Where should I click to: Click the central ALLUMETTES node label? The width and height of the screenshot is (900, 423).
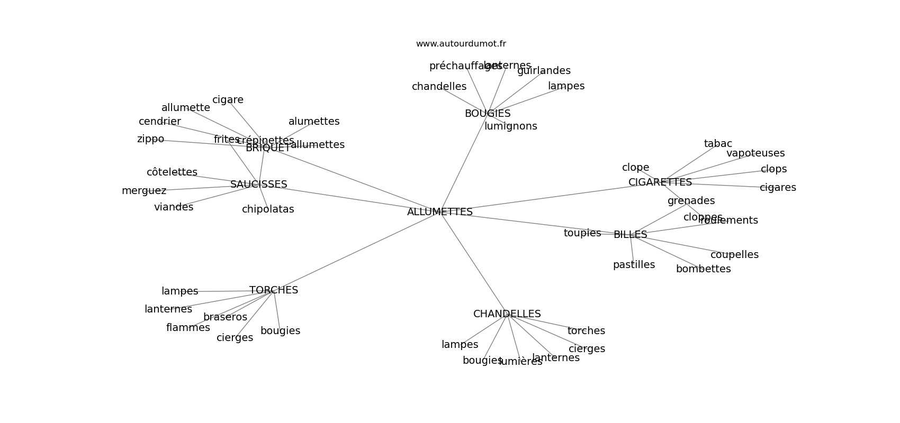pyautogui.click(x=439, y=212)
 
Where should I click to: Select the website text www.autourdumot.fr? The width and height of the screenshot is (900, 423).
pyautogui.click(x=461, y=44)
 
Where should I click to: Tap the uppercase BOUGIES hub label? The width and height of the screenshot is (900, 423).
pyautogui.click(x=487, y=114)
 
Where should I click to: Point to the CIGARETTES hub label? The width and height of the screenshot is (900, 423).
pyautogui.click(x=660, y=182)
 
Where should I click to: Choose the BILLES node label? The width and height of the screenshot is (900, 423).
pyautogui.click(x=630, y=235)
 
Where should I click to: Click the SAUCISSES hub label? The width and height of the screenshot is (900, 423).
pyautogui.click(x=258, y=185)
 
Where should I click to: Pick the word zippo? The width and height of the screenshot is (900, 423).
pyautogui.click(x=150, y=139)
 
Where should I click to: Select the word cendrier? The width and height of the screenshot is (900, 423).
pyautogui.click(x=159, y=122)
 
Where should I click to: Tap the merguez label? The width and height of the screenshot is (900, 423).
pyautogui.click(x=143, y=191)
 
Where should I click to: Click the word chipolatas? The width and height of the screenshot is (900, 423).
pyautogui.click(x=267, y=209)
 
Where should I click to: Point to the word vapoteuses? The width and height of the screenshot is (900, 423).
pyautogui.click(x=755, y=153)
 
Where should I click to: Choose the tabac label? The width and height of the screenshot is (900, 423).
pyautogui.click(x=717, y=144)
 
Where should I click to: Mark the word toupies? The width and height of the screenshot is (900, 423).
pyautogui.click(x=582, y=233)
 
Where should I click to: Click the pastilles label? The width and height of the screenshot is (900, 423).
pyautogui.click(x=633, y=265)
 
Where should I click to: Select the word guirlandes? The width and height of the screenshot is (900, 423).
pyautogui.click(x=544, y=71)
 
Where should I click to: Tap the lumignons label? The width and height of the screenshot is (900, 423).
pyautogui.click(x=510, y=126)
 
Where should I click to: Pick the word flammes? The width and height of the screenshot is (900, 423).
pyautogui.click(x=187, y=328)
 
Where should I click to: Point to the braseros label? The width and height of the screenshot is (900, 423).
pyautogui.click(x=225, y=317)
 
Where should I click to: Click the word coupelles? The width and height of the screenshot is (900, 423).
pyautogui.click(x=734, y=255)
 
